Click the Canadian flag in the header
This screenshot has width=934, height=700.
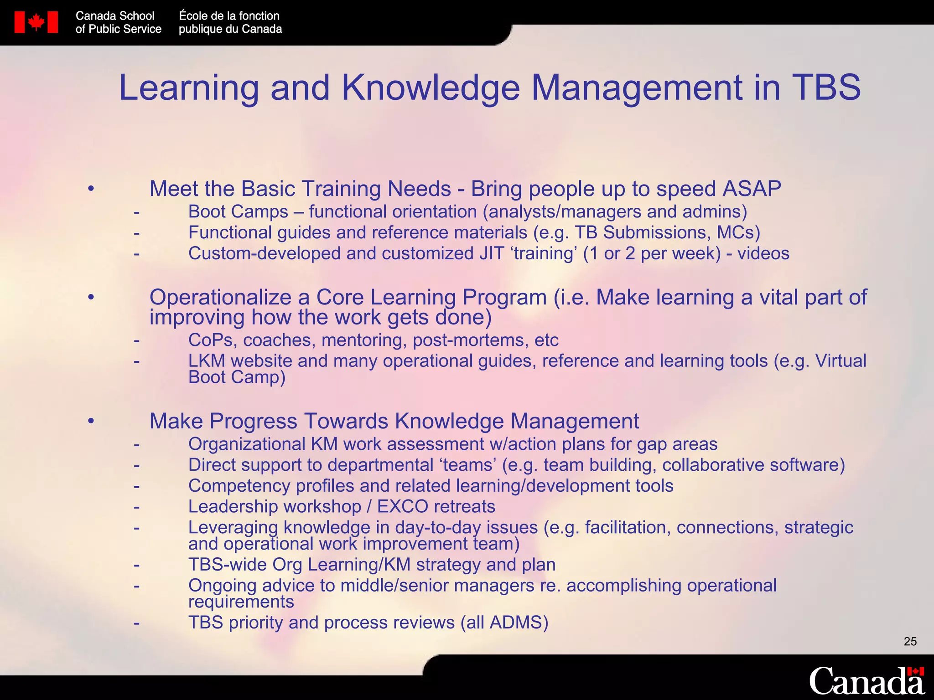pos(36,22)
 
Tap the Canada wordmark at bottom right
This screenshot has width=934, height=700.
pos(867,681)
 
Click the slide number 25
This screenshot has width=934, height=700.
pos(910,642)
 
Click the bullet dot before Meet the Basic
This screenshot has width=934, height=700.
pos(91,188)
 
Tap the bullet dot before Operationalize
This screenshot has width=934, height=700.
pos(91,297)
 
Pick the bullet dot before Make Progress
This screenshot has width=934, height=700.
pos(91,421)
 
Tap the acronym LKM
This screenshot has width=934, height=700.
pos(207,361)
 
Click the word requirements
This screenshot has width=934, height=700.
pos(241,602)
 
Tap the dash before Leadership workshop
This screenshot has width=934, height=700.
pos(136,507)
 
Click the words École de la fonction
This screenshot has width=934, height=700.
pos(229,16)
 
